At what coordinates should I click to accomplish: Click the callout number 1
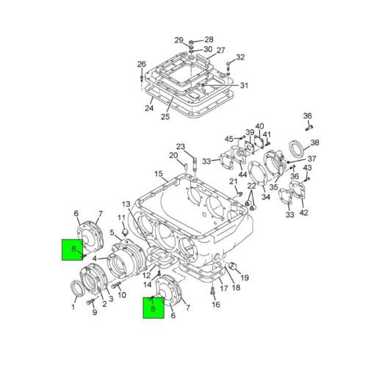pos(73,307)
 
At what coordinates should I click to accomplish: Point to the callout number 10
pos(123,295)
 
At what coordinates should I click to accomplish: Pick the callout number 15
pos(159,174)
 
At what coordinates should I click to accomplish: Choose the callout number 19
pos(245,278)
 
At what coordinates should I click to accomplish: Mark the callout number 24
pos(149,109)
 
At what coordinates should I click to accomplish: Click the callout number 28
pos(209,40)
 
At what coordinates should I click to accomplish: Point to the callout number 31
pos(244,86)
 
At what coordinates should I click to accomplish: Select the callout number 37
pos(311,159)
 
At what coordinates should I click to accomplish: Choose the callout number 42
pos(304,214)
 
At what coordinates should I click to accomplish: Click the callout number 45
pos(228,139)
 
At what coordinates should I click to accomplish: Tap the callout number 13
pos(126,203)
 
